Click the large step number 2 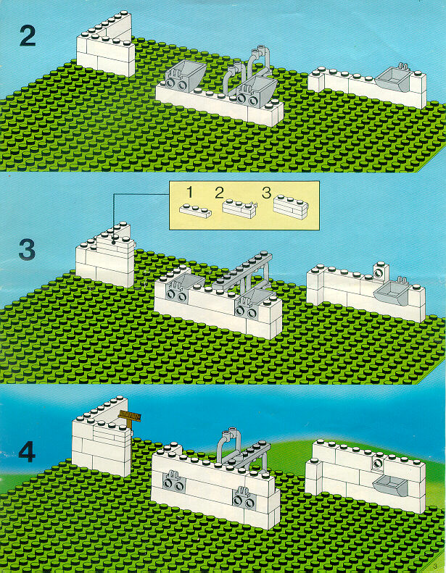pyautogui.click(x=28, y=37)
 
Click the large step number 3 pyautogui.click(x=27, y=250)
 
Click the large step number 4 pyautogui.click(x=27, y=453)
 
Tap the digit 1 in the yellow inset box pyautogui.click(x=189, y=191)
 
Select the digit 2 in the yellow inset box pyautogui.click(x=219, y=193)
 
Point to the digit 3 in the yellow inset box pyautogui.click(x=266, y=193)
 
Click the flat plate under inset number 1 pyautogui.click(x=195, y=211)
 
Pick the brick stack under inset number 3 pyautogui.click(x=291, y=208)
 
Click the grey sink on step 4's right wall pyautogui.click(x=390, y=485)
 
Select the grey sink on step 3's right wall pyautogui.click(x=392, y=292)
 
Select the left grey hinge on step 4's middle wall pyautogui.click(x=173, y=481)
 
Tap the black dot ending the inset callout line pyautogui.click(x=114, y=242)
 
